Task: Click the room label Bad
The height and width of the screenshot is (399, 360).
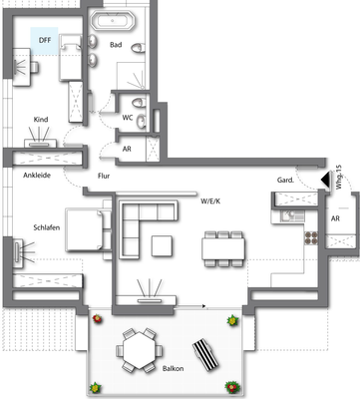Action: [117, 45]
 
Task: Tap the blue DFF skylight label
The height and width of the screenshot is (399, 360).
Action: [45, 40]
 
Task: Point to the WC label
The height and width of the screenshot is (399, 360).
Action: [127, 118]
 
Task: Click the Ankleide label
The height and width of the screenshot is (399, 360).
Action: [38, 176]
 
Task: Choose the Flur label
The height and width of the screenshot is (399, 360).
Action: [103, 177]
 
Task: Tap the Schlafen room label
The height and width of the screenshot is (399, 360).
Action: [47, 225]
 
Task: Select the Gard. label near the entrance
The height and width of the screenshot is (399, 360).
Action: [285, 180]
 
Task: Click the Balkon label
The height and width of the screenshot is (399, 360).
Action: [174, 369]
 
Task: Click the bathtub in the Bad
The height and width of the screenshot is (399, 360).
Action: [116, 20]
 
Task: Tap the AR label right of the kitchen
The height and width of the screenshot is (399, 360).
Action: [335, 217]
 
